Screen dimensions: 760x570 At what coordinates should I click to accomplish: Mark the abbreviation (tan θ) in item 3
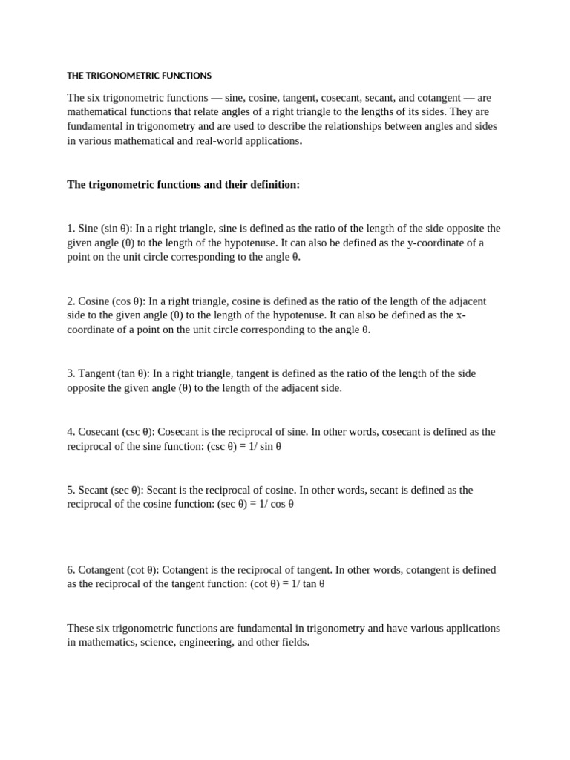tap(133, 373)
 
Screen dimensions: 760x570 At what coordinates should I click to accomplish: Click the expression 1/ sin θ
tap(263, 446)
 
